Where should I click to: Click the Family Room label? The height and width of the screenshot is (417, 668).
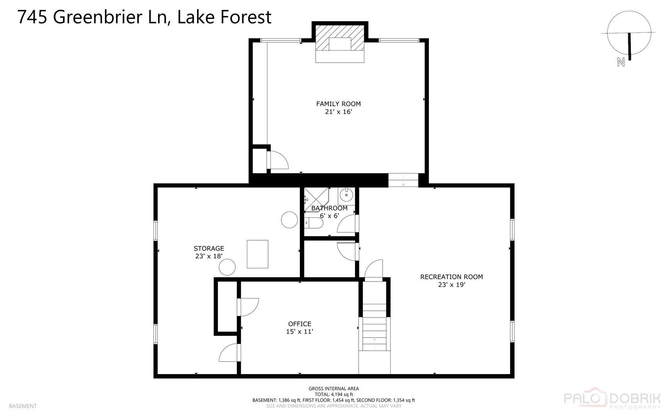click(338, 104)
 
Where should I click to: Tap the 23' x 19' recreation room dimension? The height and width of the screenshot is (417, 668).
click(451, 285)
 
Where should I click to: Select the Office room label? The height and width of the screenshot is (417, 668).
click(299, 324)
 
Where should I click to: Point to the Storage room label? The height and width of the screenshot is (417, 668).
click(209, 249)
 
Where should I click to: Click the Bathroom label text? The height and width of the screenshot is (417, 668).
click(329, 208)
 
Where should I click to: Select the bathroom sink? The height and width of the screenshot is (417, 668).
click(347, 195)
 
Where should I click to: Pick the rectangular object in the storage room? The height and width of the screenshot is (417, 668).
click(257, 254)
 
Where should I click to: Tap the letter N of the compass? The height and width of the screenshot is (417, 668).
click(621, 62)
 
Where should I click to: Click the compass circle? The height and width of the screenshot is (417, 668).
click(629, 32)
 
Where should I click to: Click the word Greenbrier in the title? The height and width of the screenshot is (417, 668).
click(110, 17)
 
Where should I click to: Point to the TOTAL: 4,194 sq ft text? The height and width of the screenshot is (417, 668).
click(333, 395)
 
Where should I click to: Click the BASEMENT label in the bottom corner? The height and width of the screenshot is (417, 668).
click(22, 406)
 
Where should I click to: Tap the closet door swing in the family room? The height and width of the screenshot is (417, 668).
click(278, 160)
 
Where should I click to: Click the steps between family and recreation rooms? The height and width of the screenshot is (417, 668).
click(403, 180)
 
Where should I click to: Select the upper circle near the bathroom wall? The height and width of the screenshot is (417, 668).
click(289, 220)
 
